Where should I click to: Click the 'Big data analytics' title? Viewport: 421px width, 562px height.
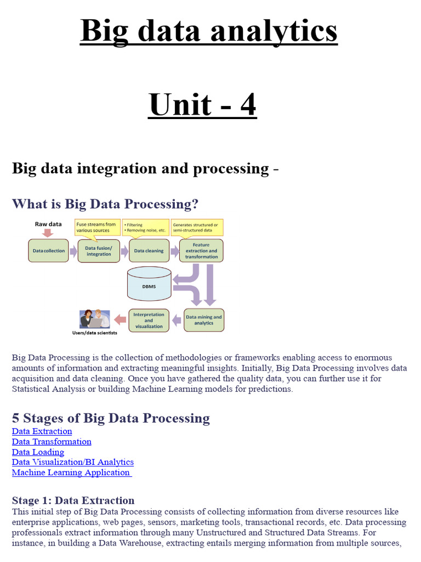[x=209, y=31]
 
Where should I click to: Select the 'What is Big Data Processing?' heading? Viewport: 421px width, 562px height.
[x=105, y=204]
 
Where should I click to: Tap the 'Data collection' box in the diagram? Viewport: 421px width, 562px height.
[x=49, y=251]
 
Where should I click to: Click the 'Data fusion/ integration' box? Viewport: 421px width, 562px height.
[x=99, y=251]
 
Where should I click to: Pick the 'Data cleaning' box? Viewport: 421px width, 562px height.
[x=149, y=251]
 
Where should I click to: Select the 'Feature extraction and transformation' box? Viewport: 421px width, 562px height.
[x=201, y=250]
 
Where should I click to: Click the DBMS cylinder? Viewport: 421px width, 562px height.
[x=149, y=284]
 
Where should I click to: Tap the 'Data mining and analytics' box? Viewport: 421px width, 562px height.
[x=203, y=320]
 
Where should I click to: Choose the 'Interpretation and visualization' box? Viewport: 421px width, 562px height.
[x=149, y=320]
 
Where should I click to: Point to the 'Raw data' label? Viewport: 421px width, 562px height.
[x=48, y=224]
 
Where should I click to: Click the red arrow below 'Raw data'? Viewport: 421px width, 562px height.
[x=48, y=233]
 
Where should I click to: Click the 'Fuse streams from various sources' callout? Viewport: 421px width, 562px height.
[x=96, y=227]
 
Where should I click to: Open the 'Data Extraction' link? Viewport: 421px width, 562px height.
[x=42, y=431]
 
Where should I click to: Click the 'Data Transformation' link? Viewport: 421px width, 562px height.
[x=52, y=442]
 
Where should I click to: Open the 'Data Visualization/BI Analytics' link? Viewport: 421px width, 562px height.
[x=73, y=462]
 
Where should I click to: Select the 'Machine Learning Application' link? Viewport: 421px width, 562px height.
[x=71, y=473]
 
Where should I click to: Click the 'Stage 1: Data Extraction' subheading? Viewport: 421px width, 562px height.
[x=73, y=501]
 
